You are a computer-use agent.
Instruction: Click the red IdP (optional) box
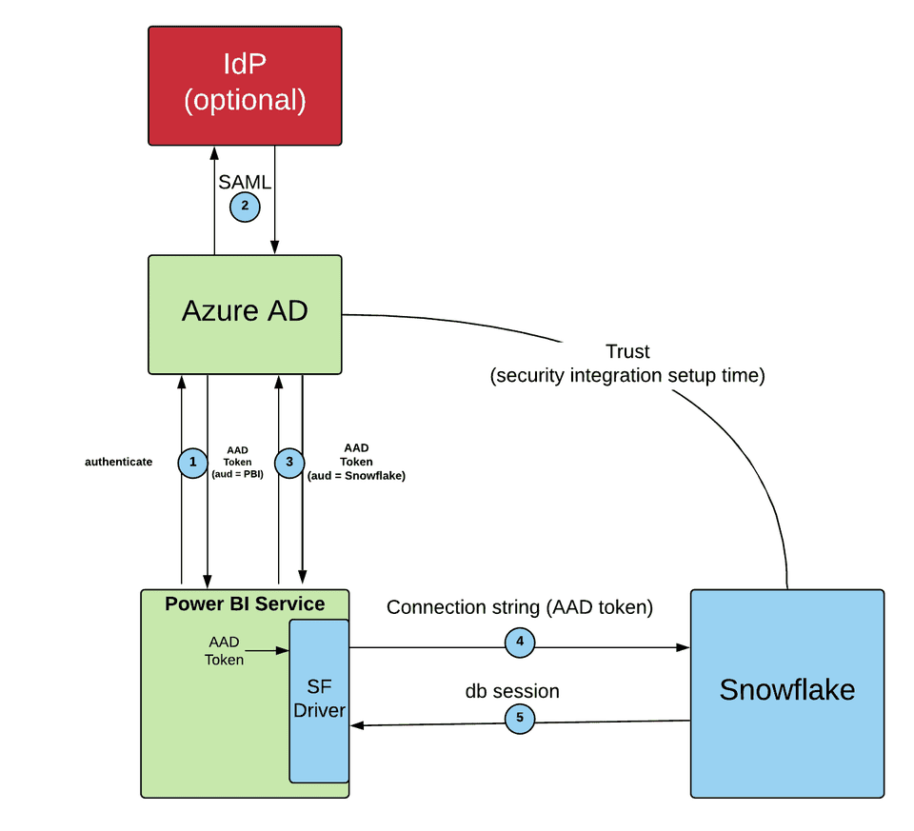click(245, 86)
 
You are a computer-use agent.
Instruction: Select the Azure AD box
click(245, 313)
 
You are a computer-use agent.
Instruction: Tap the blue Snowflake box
click(787, 692)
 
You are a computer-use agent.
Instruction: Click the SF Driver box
click(319, 700)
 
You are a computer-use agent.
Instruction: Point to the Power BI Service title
click(245, 603)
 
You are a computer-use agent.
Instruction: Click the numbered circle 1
click(193, 462)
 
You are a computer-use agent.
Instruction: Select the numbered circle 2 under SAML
click(245, 206)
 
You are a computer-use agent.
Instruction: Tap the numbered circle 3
click(289, 462)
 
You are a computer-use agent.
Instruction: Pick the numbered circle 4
click(520, 643)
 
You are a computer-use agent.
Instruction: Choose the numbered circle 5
click(520, 719)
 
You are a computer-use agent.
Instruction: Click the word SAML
click(245, 182)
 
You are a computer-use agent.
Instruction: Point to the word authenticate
click(119, 462)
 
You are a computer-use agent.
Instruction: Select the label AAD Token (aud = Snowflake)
click(356, 462)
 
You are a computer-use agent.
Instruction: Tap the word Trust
click(627, 352)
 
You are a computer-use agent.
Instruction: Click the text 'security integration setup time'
click(627, 376)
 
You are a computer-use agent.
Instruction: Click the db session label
click(512, 691)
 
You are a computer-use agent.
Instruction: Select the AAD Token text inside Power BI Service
click(225, 651)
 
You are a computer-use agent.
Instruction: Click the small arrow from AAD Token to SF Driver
click(268, 651)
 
